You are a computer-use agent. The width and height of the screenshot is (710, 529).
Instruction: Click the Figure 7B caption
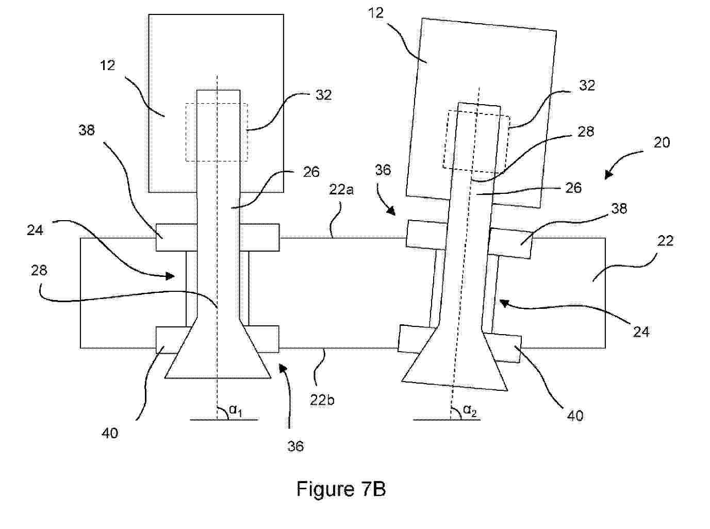pyautogui.click(x=341, y=489)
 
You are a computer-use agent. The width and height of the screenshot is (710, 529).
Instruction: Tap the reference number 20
pyautogui.click(x=662, y=142)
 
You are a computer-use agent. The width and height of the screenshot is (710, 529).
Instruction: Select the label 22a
pyautogui.click(x=341, y=190)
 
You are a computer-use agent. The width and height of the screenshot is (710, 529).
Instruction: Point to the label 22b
pyautogui.click(x=322, y=400)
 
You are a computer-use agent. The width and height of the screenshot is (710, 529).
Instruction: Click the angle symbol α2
pyautogui.click(x=469, y=410)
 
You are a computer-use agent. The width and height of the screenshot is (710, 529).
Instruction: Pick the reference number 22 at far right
pyautogui.click(x=665, y=241)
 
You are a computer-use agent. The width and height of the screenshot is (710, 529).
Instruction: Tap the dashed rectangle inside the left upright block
pyautogui.click(x=217, y=132)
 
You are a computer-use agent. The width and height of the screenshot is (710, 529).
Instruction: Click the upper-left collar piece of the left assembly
pyautogui.click(x=176, y=238)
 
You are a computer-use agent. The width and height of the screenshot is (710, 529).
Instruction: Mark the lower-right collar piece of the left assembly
pyautogui.click(x=263, y=339)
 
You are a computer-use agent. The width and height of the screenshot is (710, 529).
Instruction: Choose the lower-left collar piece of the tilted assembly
pyautogui.click(x=415, y=339)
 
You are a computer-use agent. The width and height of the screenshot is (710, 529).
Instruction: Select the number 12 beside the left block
pyautogui.click(x=108, y=65)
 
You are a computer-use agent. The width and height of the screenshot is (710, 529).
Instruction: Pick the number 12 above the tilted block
pyautogui.click(x=376, y=12)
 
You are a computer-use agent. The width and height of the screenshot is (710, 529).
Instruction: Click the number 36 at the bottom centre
pyautogui.click(x=295, y=446)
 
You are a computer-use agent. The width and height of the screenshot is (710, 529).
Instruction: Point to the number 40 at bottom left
pyautogui.click(x=110, y=433)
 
